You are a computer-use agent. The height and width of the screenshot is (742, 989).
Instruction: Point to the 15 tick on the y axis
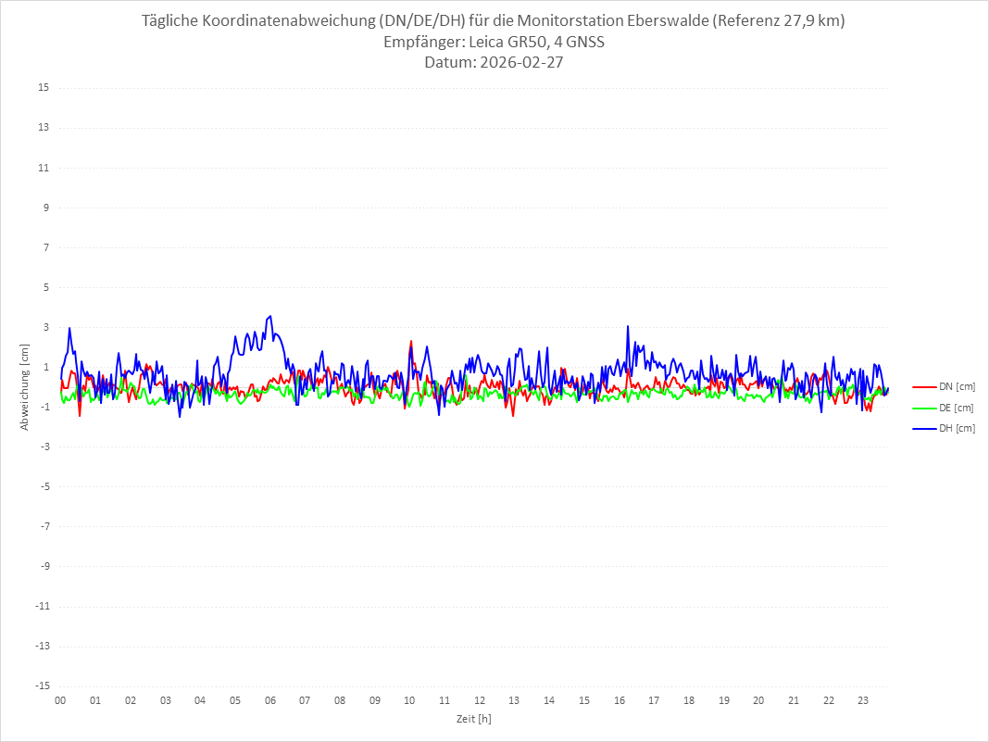click(x=44, y=88)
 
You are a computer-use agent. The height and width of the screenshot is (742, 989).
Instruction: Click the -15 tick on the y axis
click(x=42, y=686)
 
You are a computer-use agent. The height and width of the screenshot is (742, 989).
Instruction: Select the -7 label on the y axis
click(x=44, y=526)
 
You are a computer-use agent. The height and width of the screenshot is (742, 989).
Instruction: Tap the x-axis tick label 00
click(x=60, y=700)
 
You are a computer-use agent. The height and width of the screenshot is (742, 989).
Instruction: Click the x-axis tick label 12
click(x=480, y=700)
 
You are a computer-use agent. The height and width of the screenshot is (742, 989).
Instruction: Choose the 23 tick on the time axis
click(x=864, y=700)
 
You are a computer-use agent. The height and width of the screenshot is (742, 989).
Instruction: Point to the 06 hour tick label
click(x=269, y=700)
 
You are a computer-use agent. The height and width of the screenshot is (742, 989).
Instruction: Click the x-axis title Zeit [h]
click(x=473, y=719)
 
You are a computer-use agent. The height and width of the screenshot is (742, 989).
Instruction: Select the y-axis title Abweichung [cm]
click(x=25, y=387)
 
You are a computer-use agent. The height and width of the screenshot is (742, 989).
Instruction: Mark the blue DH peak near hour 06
click(x=269, y=317)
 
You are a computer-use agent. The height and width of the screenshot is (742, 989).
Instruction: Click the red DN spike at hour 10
click(x=411, y=342)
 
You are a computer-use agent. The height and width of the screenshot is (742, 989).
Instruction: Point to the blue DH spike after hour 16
click(x=628, y=326)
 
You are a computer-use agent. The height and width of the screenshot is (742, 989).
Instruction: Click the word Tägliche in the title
click(x=170, y=20)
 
